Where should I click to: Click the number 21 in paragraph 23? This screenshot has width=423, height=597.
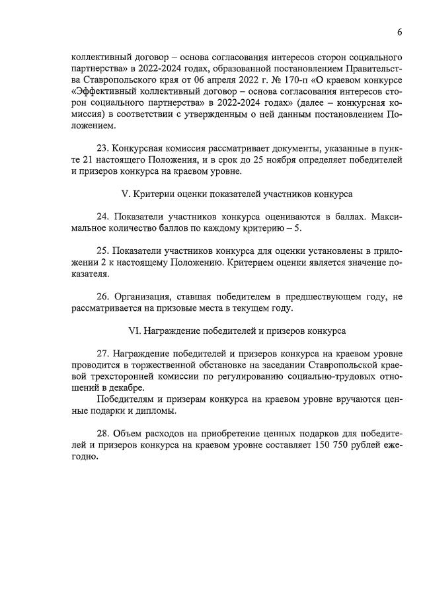click(x=77, y=161)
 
